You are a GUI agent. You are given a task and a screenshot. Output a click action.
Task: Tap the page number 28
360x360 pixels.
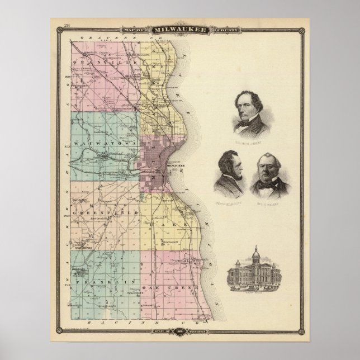point(67,24)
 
